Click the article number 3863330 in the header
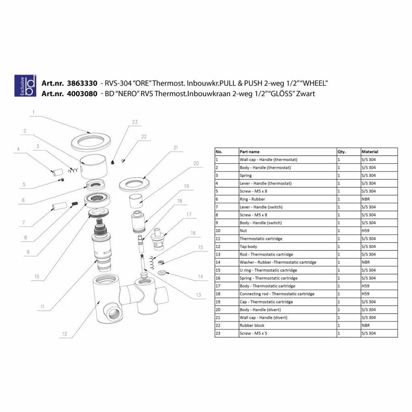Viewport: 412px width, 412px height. click(81, 84)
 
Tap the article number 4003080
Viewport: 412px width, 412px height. click(81, 93)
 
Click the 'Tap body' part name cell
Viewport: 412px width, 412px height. click(249, 246)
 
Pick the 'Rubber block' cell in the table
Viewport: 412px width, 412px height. click(252, 325)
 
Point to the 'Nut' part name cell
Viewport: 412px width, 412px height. click(244, 231)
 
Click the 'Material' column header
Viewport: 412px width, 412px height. click(370, 152)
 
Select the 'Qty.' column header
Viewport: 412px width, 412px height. click(342, 152)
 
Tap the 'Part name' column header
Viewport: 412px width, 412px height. click(249, 152)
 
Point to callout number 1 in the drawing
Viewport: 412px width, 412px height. click(33, 112)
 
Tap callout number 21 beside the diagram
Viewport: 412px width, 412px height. click(175, 147)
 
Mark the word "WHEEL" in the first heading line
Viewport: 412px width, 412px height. click(312, 84)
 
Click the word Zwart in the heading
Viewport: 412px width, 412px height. click(305, 93)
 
